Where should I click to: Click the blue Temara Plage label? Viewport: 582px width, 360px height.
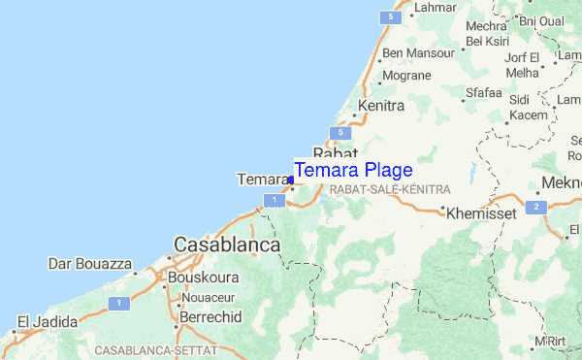coord(353,170)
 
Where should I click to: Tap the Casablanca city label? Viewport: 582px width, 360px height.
coord(227,245)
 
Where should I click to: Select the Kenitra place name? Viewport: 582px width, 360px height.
coord(380,105)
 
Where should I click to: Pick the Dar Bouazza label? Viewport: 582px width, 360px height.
coord(90,262)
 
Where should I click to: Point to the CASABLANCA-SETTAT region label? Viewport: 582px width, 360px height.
coord(154,347)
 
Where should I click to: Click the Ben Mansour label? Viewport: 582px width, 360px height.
coord(418,53)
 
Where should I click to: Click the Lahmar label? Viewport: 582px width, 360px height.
coord(436,8)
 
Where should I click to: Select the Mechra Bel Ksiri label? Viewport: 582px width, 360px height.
coord(487,33)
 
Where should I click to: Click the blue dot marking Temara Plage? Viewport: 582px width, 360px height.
coord(291,180)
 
